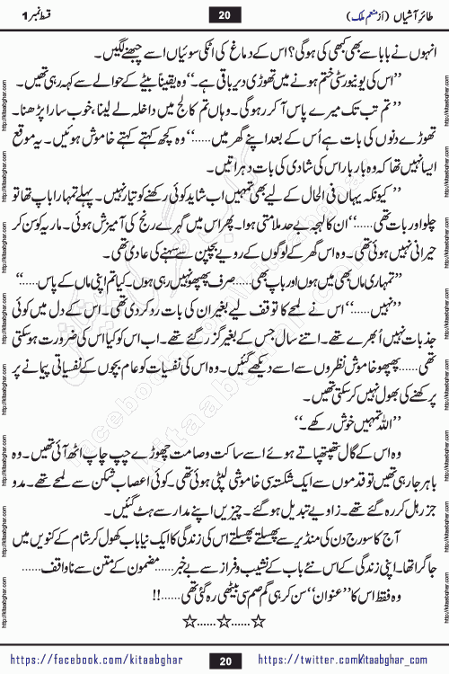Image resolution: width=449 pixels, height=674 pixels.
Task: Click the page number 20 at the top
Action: click(224, 15)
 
